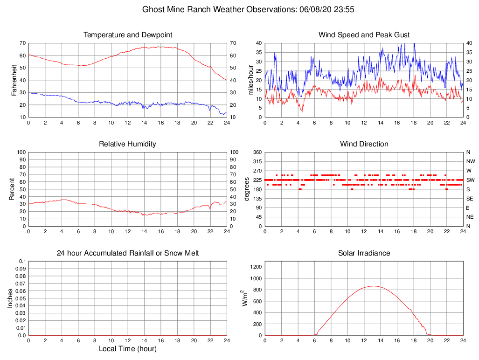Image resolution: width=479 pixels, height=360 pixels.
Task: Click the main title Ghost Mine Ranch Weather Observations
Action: click(x=250, y=9)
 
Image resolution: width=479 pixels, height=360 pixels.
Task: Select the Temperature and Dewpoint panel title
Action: click(x=128, y=35)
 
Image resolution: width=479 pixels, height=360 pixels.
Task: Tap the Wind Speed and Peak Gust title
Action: click(x=364, y=35)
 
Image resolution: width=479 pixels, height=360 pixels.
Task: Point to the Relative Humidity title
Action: click(x=128, y=144)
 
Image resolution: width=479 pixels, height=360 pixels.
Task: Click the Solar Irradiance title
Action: click(x=364, y=253)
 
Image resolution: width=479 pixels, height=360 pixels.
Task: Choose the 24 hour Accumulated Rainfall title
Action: click(x=128, y=253)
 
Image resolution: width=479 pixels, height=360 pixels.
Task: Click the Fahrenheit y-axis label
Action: click(x=14, y=80)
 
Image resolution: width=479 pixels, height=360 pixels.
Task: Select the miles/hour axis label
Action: click(x=250, y=80)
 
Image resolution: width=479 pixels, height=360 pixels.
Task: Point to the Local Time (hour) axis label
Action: click(x=128, y=349)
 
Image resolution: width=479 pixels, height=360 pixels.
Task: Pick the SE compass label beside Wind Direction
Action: click(x=470, y=199)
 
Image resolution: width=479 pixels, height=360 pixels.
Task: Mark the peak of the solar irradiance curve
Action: click(x=373, y=286)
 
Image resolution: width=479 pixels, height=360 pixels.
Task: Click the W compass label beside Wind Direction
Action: click(x=469, y=171)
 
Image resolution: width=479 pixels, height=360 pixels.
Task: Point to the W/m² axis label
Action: click(x=244, y=298)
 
